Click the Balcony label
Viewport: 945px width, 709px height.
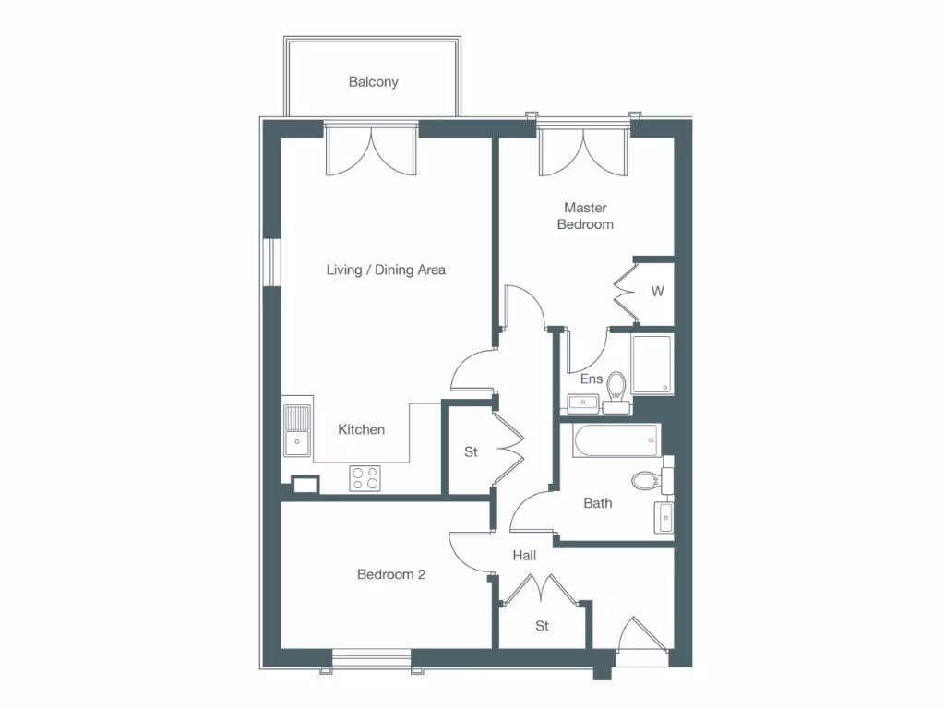373,82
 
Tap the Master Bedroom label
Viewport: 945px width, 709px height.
585,216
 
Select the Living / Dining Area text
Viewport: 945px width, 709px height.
386,270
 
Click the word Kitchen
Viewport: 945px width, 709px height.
361,429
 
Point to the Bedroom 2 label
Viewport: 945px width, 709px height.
391,574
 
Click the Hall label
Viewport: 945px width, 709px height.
524,556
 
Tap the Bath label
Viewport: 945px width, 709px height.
598,503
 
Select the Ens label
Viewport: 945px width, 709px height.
591,379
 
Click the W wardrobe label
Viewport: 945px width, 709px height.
657,292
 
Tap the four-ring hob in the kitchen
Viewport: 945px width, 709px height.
365,478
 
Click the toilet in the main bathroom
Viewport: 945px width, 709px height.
648,480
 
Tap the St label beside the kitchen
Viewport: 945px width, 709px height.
471,452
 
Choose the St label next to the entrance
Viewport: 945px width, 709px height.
543,626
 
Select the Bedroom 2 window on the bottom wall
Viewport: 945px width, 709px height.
371,657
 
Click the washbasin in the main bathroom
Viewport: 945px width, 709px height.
664,517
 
